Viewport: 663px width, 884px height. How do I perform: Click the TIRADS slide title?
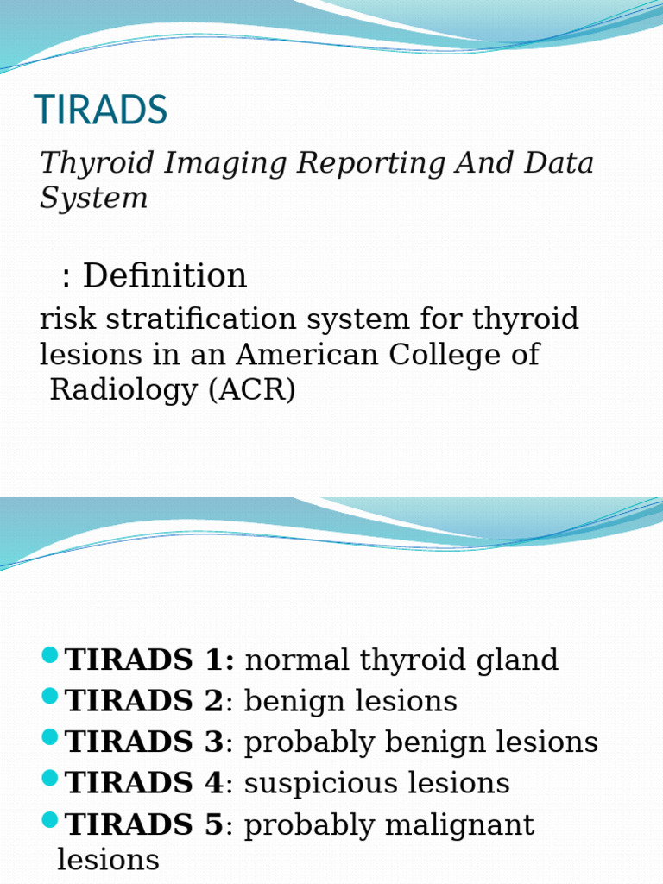tap(100, 110)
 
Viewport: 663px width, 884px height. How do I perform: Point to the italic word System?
tap(93, 199)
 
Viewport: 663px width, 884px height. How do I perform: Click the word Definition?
tap(165, 276)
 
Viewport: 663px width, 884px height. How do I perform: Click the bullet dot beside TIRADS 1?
tap(49, 655)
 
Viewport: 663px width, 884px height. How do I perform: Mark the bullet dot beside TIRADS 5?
tap(49, 820)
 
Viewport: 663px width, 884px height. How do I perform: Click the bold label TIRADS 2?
tap(144, 701)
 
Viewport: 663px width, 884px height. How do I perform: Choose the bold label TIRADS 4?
tap(144, 784)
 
